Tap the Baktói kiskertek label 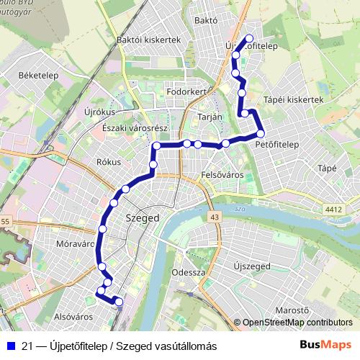[x=153, y=41]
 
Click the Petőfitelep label [x=277, y=144]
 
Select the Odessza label [x=190, y=273]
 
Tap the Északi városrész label [x=135, y=127]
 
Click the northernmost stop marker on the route [x=250, y=39]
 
